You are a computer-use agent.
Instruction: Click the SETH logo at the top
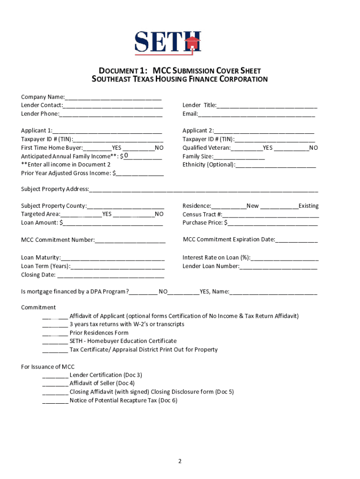168,42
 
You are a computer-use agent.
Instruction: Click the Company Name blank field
113,97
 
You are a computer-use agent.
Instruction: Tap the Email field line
256,114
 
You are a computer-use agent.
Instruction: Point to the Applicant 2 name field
264,131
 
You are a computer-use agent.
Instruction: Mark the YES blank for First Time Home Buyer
97,148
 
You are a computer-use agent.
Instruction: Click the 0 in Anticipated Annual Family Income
126,156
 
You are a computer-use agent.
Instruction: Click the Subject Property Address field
203,189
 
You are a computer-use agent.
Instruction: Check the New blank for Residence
229,206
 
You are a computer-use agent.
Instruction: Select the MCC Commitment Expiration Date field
296,240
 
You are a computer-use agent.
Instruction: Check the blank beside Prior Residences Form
55,333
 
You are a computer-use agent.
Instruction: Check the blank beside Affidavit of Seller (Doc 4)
55,384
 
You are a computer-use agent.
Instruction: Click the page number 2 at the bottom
180,461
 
